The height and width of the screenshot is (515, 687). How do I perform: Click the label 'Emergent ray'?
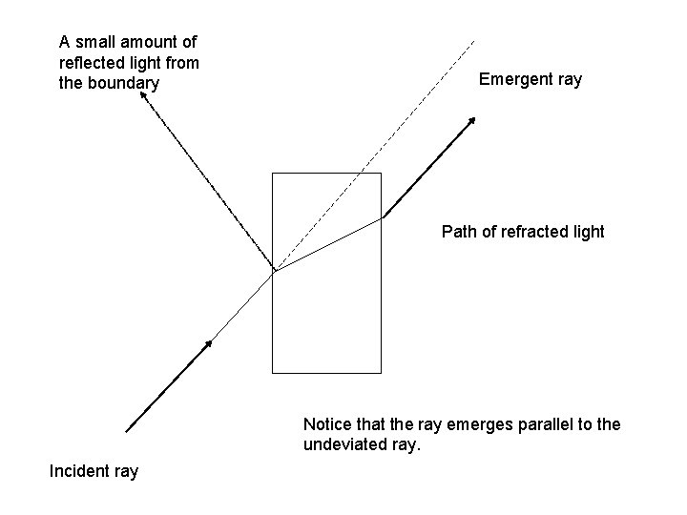[530, 79]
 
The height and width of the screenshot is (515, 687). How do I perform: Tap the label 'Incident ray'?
[94, 471]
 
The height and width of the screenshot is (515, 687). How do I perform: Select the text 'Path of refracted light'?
[523, 232]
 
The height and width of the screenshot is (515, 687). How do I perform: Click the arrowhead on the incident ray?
[207, 343]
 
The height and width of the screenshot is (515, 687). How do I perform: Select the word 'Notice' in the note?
[325, 423]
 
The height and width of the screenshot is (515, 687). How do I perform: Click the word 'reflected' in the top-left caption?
[89, 63]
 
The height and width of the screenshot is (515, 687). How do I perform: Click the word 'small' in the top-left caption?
[94, 42]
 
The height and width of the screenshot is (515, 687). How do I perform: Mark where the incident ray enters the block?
[274, 272]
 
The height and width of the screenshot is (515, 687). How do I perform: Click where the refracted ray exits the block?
[381, 217]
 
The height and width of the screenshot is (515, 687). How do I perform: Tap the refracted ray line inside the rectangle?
[327, 245]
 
